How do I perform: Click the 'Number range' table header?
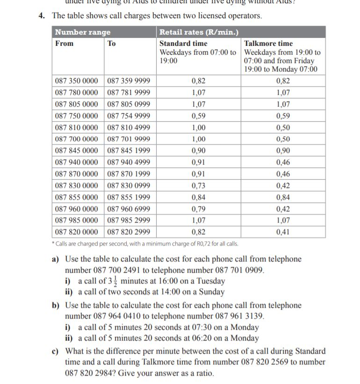pos(83,32)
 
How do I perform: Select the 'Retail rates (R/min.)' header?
pos(199,32)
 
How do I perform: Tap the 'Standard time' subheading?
pos(183,43)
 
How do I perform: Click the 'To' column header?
pos(112,43)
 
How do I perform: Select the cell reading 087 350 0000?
pos(77,81)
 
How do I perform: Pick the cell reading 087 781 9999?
pos(129,93)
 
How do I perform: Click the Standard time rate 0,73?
pos(199,186)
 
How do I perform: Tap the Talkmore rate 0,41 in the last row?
pos(283,232)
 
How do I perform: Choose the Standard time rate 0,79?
pos(199,209)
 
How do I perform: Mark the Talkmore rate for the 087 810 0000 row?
pos(283,128)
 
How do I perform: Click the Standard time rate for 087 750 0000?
pos(199,116)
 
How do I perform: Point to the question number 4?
pos(42,16)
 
